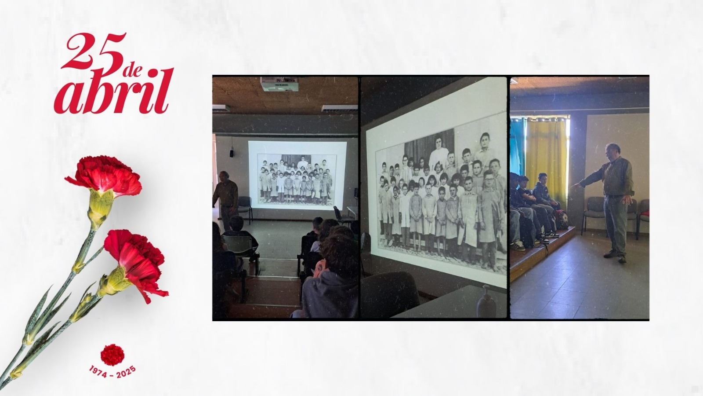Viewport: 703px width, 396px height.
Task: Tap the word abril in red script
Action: (x=113, y=91)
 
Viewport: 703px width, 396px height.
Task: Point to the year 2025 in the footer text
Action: (x=126, y=372)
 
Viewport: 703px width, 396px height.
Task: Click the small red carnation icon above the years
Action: (x=112, y=355)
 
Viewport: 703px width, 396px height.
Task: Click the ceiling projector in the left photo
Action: (x=279, y=84)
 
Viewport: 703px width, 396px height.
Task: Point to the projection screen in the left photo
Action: (x=297, y=175)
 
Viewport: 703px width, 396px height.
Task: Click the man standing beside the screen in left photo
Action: (x=226, y=200)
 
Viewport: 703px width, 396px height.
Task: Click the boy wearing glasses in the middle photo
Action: (x=488, y=217)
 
